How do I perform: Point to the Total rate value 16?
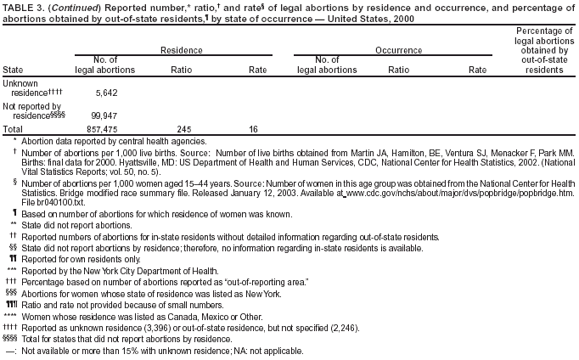point(253,128)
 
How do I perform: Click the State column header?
point(14,69)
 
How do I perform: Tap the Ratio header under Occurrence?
point(400,69)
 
